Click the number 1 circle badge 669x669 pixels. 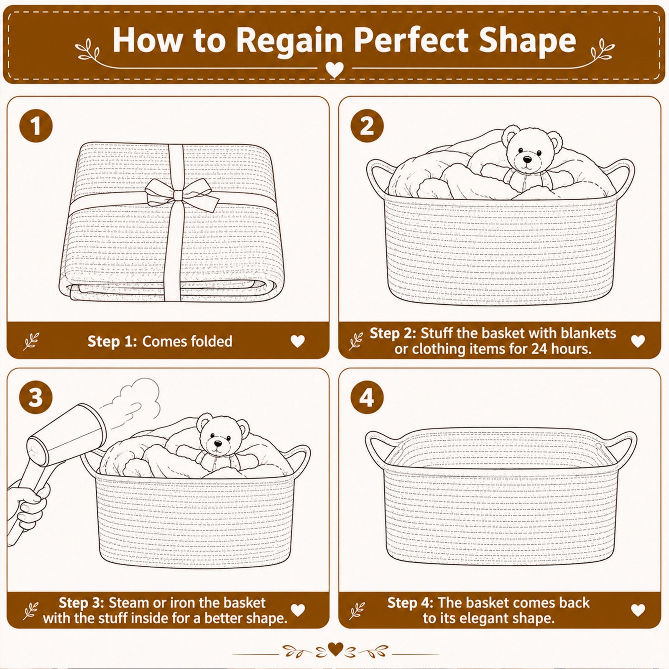pyautogui.click(x=36, y=125)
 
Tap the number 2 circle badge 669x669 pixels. pyautogui.click(x=367, y=125)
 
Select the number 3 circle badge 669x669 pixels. pyautogui.click(x=36, y=397)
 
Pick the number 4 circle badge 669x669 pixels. pyautogui.click(x=367, y=397)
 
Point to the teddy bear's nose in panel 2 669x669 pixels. pyautogui.click(x=527, y=159)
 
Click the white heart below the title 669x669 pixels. pyautogui.click(x=334, y=69)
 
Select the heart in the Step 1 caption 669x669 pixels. pyautogui.click(x=298, y=341)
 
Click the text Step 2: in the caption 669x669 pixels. pyautogui.click(x=393, y=333)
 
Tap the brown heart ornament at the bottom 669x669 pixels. pyautogui.click(x=335, y=649)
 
